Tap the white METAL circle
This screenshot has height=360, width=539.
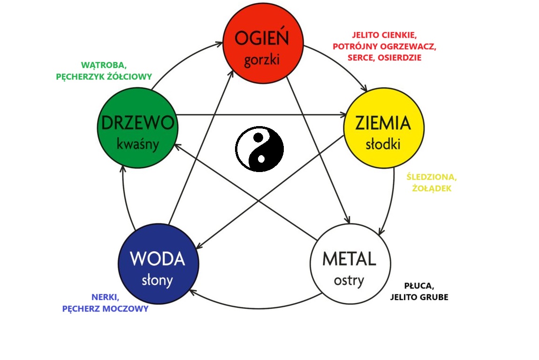350,263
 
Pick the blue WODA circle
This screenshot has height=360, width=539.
158,263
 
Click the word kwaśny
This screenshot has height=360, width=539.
137,143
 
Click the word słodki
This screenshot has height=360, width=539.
383,144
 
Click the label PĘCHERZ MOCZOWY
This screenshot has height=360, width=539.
105,309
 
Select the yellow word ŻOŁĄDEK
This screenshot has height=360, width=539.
432,188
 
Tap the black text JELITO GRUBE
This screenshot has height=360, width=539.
418,297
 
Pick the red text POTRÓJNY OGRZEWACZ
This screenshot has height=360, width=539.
385,46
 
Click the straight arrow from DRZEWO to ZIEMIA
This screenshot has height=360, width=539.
260,114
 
